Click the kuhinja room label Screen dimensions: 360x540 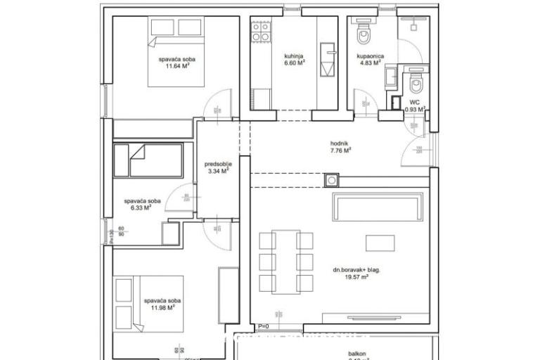274,56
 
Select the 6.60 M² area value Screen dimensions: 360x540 274,63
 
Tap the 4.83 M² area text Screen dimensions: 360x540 369,63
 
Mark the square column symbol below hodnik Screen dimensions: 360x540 331,181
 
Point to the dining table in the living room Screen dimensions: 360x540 286,262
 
